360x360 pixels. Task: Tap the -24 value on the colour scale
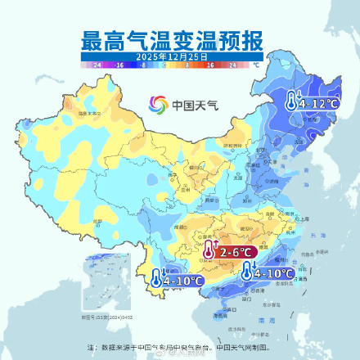(97, 63)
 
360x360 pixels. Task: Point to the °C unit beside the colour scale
(255, 63)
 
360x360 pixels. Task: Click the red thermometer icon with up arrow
(209, 251)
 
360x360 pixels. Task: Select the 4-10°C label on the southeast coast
(273, 273)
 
